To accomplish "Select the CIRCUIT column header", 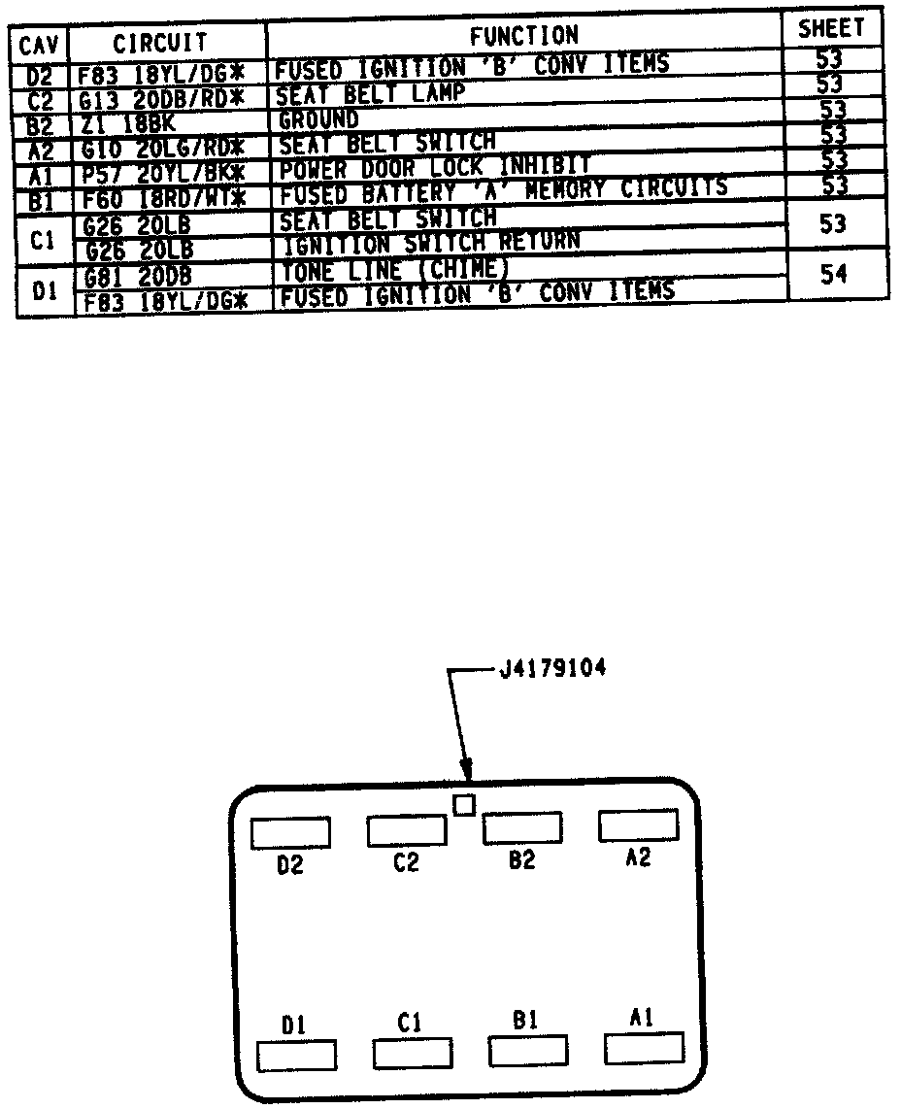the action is pos(160,43).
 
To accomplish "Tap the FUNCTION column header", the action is pos(523,37).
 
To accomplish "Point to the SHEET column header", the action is pos(830,30).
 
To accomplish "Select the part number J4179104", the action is pos(553,670).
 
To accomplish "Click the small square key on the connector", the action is pos(464,804).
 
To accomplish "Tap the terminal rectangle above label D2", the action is pos(289,832).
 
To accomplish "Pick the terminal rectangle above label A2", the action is pos(638,825).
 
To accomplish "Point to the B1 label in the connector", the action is pos(525,1021).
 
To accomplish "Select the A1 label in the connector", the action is pos(641,1017).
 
